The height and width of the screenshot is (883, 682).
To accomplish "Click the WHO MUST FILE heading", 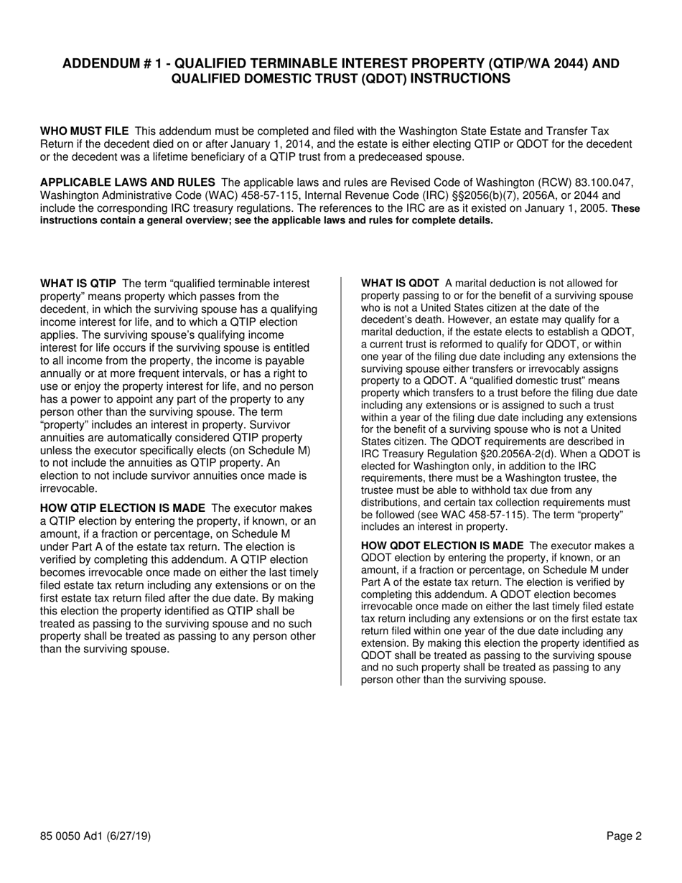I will (85, 131).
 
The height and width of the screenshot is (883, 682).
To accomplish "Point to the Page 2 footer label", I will (624, 836).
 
